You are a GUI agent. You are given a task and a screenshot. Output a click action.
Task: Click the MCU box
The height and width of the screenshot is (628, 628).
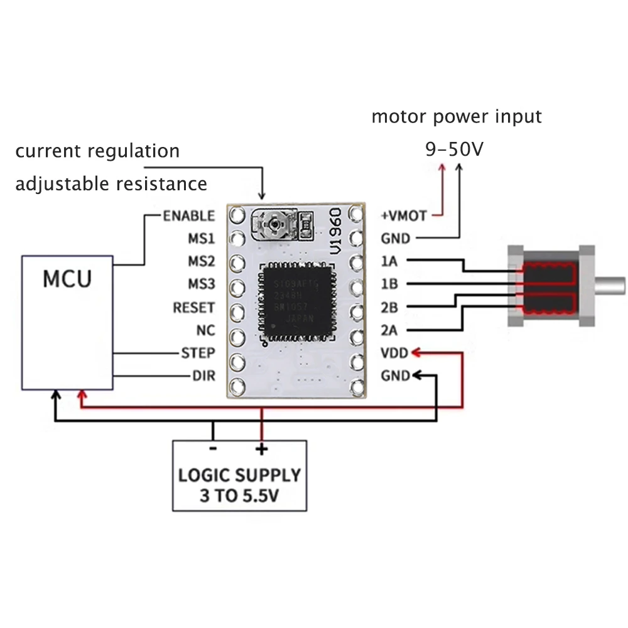pos(67,322)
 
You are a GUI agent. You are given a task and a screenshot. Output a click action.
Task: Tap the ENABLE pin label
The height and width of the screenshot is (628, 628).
pos(188,216)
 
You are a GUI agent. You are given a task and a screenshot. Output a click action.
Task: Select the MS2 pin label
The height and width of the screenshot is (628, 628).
pos(201,261)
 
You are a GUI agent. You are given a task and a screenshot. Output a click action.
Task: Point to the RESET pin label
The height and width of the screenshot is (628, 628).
pos(193,308)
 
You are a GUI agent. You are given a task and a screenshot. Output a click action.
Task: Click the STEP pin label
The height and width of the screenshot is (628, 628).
pos(198,353)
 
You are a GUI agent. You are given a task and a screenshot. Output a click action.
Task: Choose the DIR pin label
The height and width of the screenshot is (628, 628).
pos(203,376)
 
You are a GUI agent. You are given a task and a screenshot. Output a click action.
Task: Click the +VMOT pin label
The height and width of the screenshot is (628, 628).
pos(404,216)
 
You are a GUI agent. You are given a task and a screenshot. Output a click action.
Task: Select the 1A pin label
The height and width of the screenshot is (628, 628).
pos(389,261)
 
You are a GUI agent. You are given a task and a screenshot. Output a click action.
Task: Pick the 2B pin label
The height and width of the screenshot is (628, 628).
pos(389,308)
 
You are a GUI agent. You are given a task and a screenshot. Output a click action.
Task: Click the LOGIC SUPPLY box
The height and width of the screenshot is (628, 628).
pos(240,475)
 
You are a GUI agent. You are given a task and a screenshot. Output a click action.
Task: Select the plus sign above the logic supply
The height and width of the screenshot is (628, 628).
pos(261,448)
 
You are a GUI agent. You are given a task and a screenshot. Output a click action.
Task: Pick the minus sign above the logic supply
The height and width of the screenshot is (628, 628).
pos(213,448)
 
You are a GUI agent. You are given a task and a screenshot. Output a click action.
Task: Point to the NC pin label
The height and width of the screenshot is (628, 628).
pos(205,330)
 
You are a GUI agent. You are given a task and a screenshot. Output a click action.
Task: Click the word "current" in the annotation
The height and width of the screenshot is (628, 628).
pos(49,151)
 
